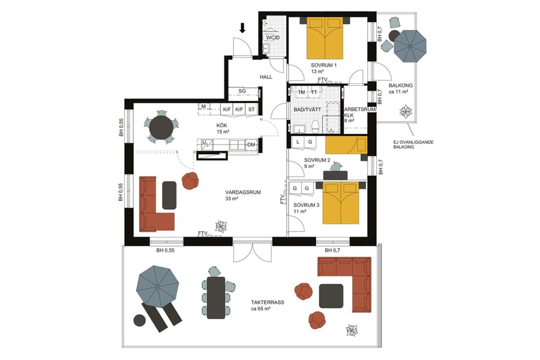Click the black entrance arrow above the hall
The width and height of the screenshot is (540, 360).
(x=243, y=27)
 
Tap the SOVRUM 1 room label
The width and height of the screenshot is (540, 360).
(x=324, y=65)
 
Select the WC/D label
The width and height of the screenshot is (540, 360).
(x=273, y=37)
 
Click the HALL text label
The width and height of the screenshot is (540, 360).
(x=266, y=77)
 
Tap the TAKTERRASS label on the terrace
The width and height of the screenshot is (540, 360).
(x=268, y=302)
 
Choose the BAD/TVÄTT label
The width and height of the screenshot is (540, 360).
(x=306, y=109)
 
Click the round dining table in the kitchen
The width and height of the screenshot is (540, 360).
(x=161, y=127)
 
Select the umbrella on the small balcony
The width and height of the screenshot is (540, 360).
(x=410, y=46)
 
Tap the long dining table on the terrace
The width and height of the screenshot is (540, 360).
(x=216, y=298)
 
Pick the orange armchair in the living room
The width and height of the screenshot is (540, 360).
(x=190, y=181)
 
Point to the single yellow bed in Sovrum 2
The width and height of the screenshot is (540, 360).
(x=346, y=145)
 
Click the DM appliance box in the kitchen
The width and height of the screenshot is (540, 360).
(x=251, y=145)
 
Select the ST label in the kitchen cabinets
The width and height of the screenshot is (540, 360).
(x=251, y=109)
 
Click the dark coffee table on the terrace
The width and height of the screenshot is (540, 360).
(x=331, y=296)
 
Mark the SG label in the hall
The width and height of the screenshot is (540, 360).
(x=242, y=91)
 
